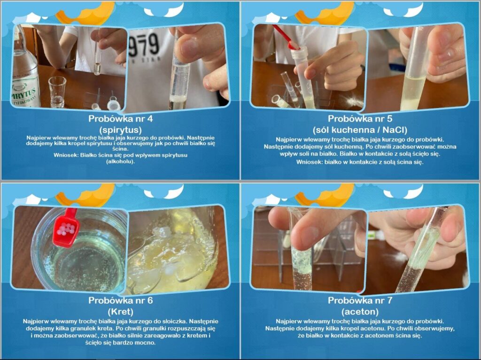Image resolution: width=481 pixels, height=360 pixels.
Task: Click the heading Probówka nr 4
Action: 121,119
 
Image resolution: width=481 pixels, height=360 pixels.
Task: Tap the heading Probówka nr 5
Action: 360,119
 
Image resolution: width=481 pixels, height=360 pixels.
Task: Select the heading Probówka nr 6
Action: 121,300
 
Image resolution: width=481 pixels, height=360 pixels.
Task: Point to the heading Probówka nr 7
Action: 360,300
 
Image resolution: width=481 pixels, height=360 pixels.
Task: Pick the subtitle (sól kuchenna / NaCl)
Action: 360,130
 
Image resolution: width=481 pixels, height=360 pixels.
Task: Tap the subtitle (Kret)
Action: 121,312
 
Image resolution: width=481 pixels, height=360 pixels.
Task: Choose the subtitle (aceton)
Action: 360,312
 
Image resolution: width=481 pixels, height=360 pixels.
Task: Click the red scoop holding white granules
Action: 66,228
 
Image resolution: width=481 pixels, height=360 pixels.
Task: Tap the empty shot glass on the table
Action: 57,92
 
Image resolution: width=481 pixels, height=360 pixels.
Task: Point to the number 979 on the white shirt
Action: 144,45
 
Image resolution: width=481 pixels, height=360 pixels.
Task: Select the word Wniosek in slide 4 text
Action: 66,155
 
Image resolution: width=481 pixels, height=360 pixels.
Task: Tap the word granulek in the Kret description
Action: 91,329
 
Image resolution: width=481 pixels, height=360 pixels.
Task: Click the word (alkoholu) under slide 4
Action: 121,161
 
